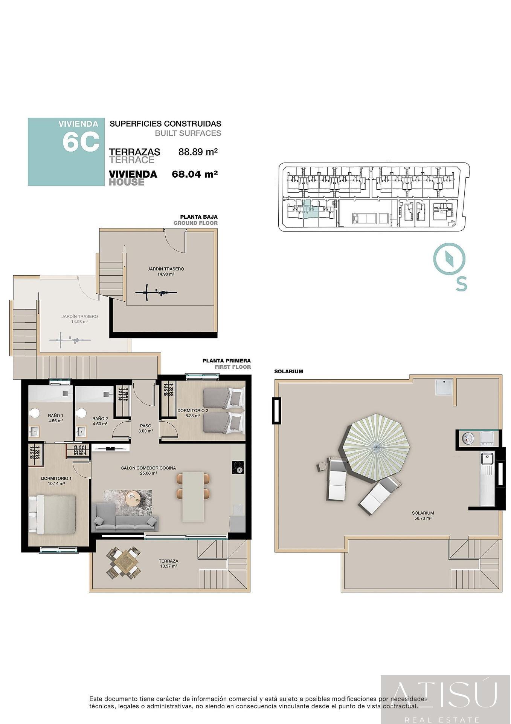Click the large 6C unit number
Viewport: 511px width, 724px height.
point(81,142)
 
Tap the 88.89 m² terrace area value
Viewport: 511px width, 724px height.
point(198,152)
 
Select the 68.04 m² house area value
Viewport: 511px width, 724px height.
point(195,174)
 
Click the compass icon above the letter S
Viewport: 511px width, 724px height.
point(449,259)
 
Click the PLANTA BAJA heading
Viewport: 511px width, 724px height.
point(198,217)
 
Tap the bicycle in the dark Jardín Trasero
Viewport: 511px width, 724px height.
point(156,292)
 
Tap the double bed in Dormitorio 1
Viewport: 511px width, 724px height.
point(53,514)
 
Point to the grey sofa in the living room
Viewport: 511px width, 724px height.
point(125,518)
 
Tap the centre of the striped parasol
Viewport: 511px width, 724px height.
point(376,447)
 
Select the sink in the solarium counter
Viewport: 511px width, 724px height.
point(487,459)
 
